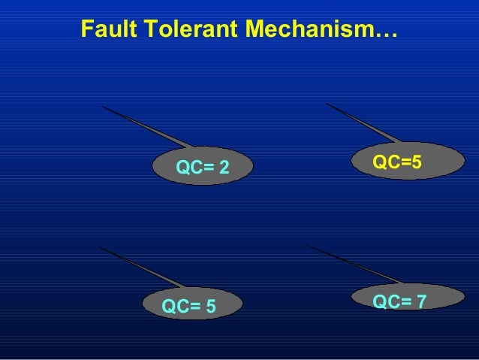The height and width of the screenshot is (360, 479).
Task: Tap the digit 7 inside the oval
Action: pos(422,302)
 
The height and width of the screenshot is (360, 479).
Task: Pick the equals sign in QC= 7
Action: pos(407,302)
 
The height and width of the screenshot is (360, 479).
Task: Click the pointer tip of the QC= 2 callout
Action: pos(103,107)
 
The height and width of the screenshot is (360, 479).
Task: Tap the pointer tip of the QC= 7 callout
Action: pos(308,245)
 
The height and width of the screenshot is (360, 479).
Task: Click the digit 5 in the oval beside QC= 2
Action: pos(416,162)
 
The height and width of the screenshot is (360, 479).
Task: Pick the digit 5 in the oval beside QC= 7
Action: pos(211,307)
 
